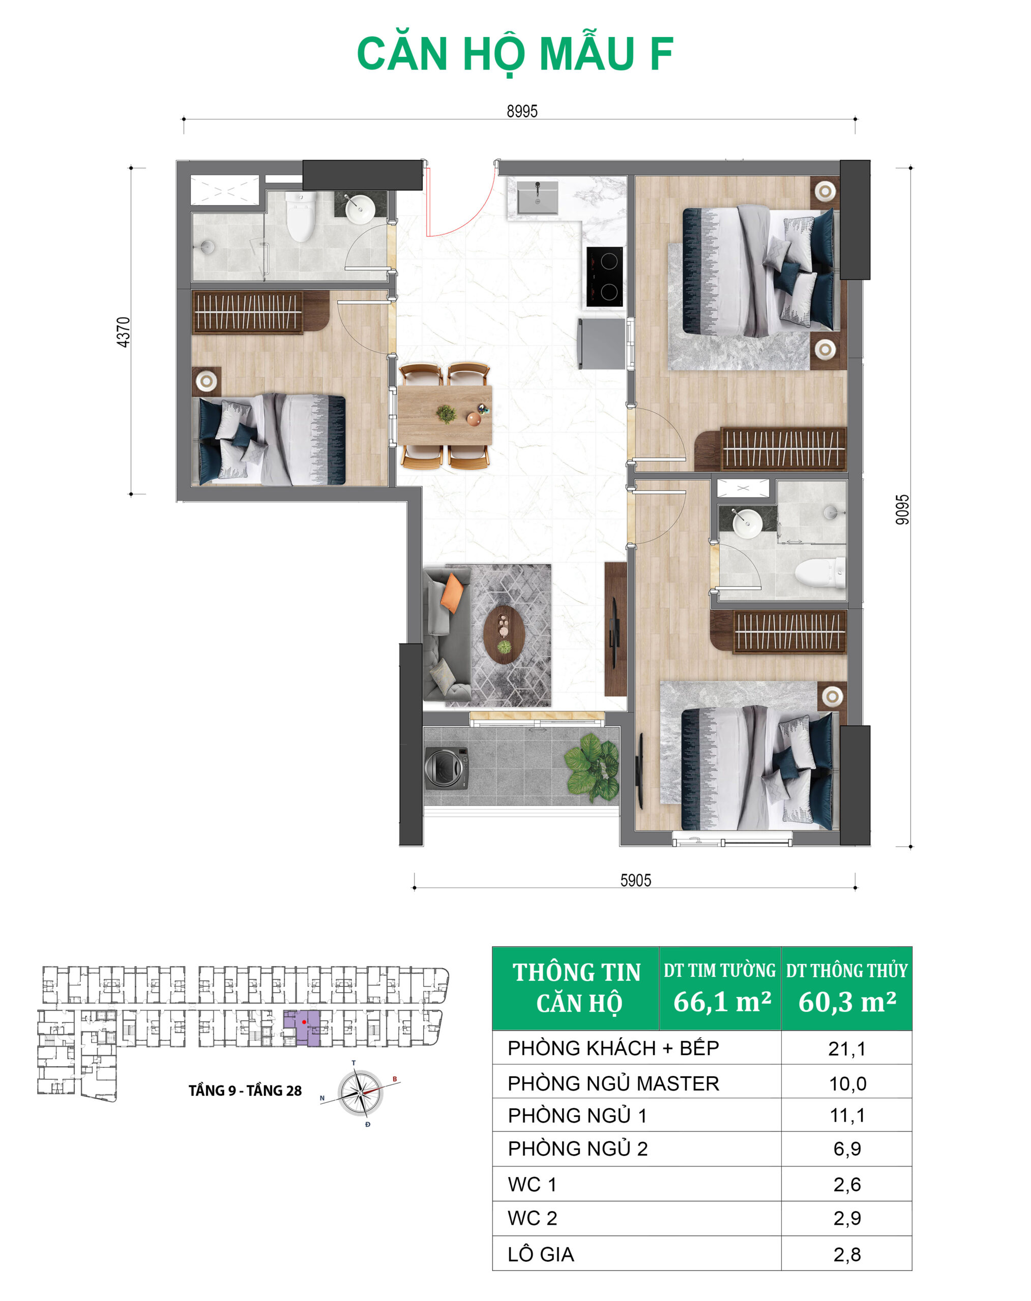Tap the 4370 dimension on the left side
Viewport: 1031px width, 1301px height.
coord(123,332)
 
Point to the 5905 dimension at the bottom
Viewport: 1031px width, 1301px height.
coord(636,880)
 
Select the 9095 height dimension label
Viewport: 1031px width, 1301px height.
coord(901,510)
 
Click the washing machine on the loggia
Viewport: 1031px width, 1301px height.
coord(447,768)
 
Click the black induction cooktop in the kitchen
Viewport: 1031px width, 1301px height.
coord(605,277)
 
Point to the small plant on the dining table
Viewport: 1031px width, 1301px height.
coord(446,413)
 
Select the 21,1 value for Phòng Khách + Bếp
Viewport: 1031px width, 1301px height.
coord(847,1049)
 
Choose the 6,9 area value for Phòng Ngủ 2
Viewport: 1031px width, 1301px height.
coord(847,1149)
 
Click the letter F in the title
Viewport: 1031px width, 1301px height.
coord(662,54)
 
